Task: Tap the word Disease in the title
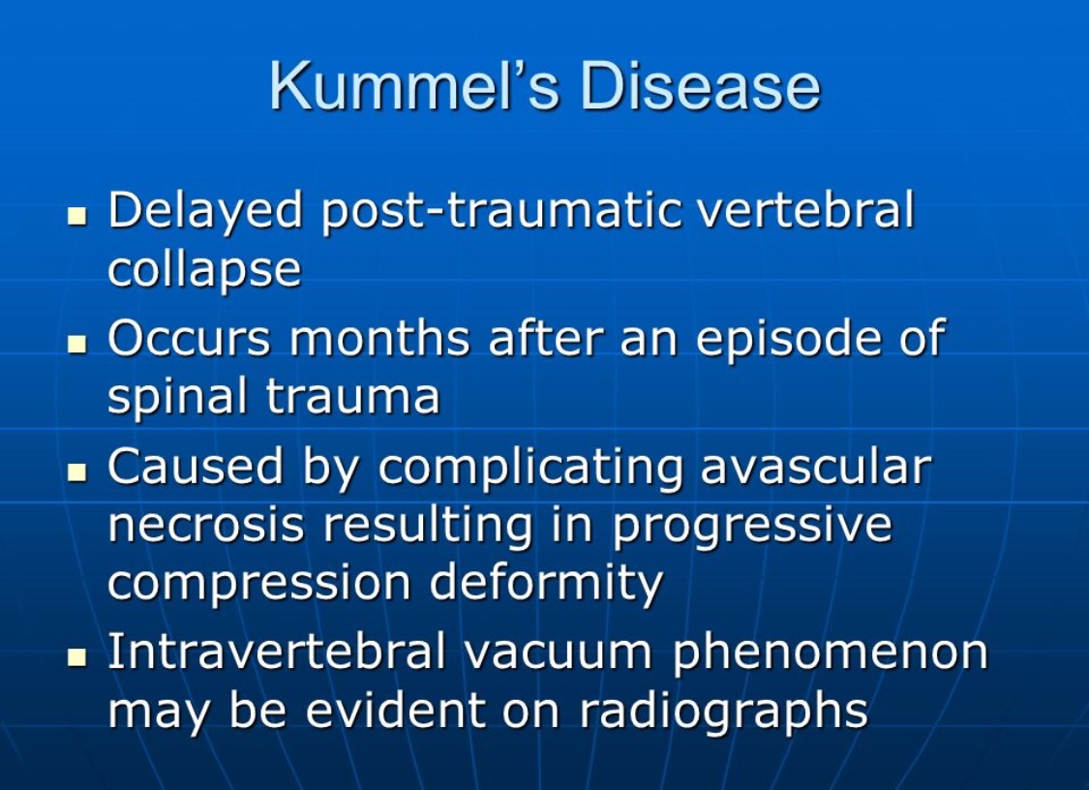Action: click(x=699, y=86)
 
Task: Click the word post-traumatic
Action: click(x=496, y=212)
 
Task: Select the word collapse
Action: click(x=204, y=270)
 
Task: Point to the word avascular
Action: click(x=815, y=467)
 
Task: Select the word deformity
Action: click(x=546, y=585)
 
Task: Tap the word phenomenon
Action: click(x=830, y=654)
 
